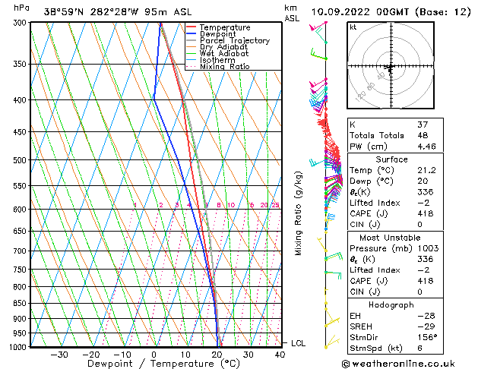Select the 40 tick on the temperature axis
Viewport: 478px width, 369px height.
click(280, 354)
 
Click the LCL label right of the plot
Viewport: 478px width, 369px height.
click(299, 343)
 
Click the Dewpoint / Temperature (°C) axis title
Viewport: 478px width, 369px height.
click(154, 364)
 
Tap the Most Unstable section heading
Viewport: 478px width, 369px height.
click(391, 237)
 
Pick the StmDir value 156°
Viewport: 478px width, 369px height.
click(428, 337)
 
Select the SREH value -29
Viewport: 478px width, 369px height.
click(426, 326)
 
